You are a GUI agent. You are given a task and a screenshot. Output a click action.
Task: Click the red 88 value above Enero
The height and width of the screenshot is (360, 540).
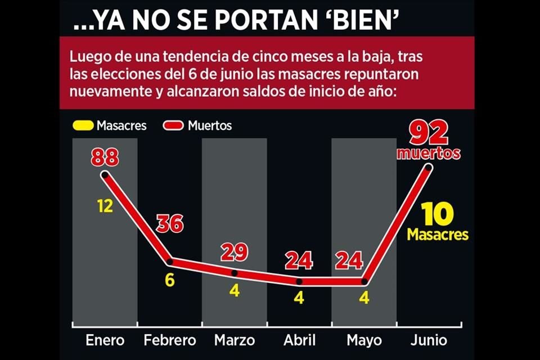[105, 157]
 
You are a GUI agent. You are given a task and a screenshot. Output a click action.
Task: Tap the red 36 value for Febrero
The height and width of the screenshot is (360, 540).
[169, 223]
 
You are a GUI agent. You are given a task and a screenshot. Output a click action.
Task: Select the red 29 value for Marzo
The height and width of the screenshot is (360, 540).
[234, 253]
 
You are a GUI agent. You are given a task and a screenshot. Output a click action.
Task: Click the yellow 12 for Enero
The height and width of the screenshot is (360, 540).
[105, 206]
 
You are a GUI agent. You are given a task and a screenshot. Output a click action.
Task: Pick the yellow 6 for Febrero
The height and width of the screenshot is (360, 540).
[169, 280]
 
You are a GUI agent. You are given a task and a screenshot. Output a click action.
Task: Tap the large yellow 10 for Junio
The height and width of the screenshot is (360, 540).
[437, 215]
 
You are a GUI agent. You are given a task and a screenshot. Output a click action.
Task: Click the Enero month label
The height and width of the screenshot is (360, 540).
[105, 340]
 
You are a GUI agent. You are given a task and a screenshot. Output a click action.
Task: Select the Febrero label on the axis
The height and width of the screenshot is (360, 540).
[169, 340]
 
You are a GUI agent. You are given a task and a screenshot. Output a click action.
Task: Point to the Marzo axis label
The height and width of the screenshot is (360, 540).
[234, 340]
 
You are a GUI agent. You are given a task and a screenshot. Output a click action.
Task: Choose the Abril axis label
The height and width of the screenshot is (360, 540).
[299, 340]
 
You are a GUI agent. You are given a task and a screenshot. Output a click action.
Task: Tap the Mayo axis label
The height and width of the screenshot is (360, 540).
[364, 340]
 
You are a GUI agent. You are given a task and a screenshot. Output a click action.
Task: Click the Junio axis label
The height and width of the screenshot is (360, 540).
[429, 340]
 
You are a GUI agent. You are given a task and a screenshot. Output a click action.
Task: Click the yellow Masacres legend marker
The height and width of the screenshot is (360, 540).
[83, 125]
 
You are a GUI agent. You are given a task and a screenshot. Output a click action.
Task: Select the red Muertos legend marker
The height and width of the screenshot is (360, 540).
[173, 125]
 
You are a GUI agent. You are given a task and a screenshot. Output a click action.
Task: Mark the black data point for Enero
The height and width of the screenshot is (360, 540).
[105, 175]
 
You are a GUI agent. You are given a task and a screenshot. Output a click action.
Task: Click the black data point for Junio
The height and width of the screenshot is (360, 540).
[429, 167]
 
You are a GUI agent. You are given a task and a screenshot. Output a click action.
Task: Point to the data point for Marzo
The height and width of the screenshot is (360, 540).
[234, 273]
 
